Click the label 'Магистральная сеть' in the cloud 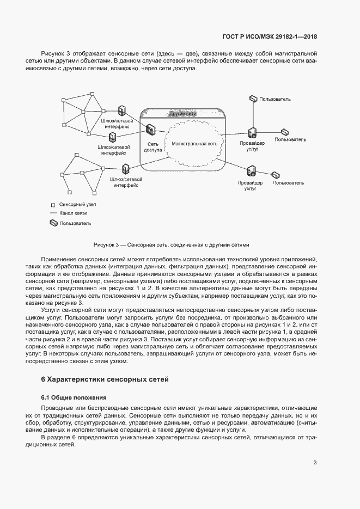point(194,144)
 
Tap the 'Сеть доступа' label point(153,148)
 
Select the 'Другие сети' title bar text point(182,114)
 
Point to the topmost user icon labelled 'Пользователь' point(253,99)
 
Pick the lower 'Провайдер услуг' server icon point(251,171)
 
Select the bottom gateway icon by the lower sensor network point(126,168)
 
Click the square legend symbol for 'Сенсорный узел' point(53,204)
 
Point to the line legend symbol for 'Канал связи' point(53,213)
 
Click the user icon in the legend point(53,223)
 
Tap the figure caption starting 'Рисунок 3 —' point(171,245)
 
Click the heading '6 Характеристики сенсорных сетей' point(105,379)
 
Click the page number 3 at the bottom point(315,463)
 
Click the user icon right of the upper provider point(284,132)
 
